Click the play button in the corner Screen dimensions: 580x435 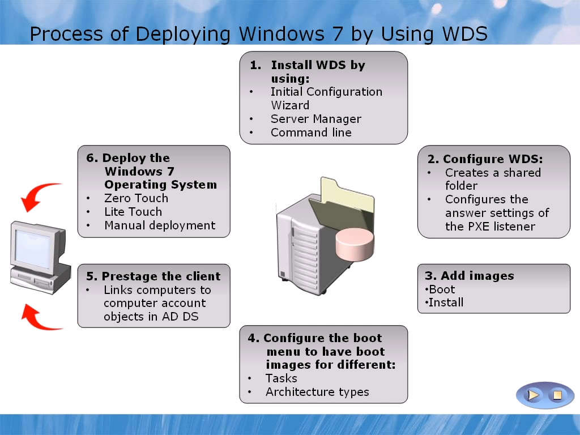coord(532,395)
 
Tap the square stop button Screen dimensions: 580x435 coord(557,395)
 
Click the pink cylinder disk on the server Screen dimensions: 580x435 coord(355,245)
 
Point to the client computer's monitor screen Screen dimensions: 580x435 coord(33,249)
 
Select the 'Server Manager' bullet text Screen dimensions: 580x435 coord(316,119)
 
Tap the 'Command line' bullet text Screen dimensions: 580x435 coord(311,133)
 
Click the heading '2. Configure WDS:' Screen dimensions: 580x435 coord(485,159)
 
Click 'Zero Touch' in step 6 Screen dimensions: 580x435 coord(136,198)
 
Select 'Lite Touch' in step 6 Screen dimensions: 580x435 coord(133,212)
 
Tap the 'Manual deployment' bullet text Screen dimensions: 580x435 coord(160,225)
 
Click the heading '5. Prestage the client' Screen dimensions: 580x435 coord(153,276)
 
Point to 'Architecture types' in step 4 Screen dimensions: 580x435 coord(317,392)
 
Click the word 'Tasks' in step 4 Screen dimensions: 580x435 coord(281,378)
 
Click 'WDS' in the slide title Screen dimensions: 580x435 coord(465,33)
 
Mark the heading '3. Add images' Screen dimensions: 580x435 coord(470,276)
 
